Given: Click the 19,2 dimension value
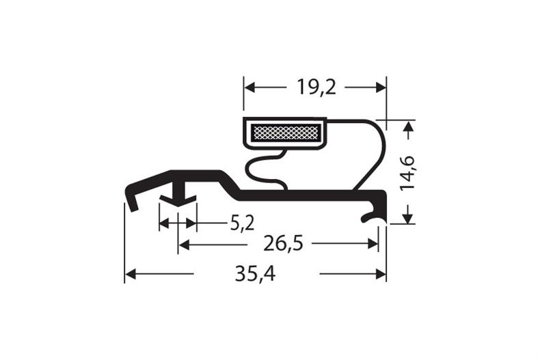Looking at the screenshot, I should (316, 87).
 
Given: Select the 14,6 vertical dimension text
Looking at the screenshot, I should (409, 172).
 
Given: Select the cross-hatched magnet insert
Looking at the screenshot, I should (285, 133).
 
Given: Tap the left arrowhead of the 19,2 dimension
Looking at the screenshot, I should (249, 87).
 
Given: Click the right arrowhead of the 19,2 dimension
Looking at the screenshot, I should (381, 87).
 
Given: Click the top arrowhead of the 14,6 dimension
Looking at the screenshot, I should (408, 126).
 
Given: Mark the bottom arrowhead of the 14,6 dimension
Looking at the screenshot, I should (408, 218).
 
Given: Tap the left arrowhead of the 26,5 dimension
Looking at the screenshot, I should (184, 244).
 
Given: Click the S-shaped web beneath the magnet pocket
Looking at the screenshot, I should (264, 171).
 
